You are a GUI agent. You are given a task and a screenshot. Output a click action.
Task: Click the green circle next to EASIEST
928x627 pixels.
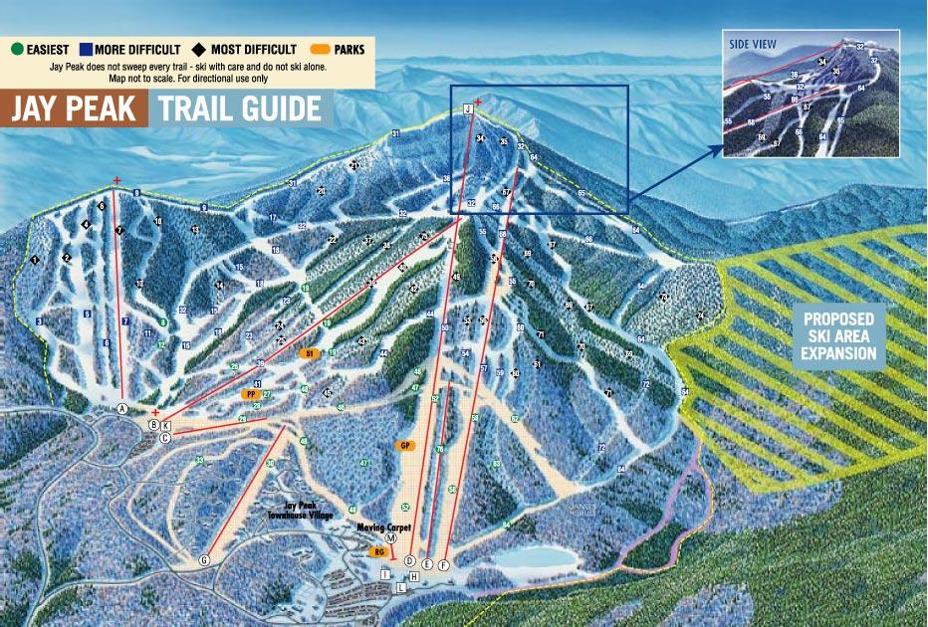(17, 49)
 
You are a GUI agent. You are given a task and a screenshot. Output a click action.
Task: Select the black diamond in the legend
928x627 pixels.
(199, 49)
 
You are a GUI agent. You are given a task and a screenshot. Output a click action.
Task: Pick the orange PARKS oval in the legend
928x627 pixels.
(322, 49)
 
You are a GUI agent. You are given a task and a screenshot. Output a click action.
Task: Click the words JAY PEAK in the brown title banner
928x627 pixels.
(74, 108)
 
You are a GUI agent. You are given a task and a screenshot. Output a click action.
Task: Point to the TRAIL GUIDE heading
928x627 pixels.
(239, 108)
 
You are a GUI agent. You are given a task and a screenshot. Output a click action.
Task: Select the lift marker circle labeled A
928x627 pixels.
(122, 408)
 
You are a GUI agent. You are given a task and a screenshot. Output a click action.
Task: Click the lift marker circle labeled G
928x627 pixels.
(205, 560)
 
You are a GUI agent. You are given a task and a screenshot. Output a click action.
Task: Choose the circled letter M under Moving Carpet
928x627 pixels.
(390, 536)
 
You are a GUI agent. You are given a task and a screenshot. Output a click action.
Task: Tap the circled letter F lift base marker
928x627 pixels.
(444, 564)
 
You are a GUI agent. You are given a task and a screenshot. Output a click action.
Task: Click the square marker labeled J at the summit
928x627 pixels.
(467, 108)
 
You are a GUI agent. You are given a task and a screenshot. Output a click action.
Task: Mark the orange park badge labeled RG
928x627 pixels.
(378, 551)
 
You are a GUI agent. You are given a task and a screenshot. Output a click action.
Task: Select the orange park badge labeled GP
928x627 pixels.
(405, 445)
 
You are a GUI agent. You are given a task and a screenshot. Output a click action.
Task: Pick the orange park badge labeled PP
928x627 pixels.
(251, 394)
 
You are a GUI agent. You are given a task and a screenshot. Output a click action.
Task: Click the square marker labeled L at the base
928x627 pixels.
(400, 588)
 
